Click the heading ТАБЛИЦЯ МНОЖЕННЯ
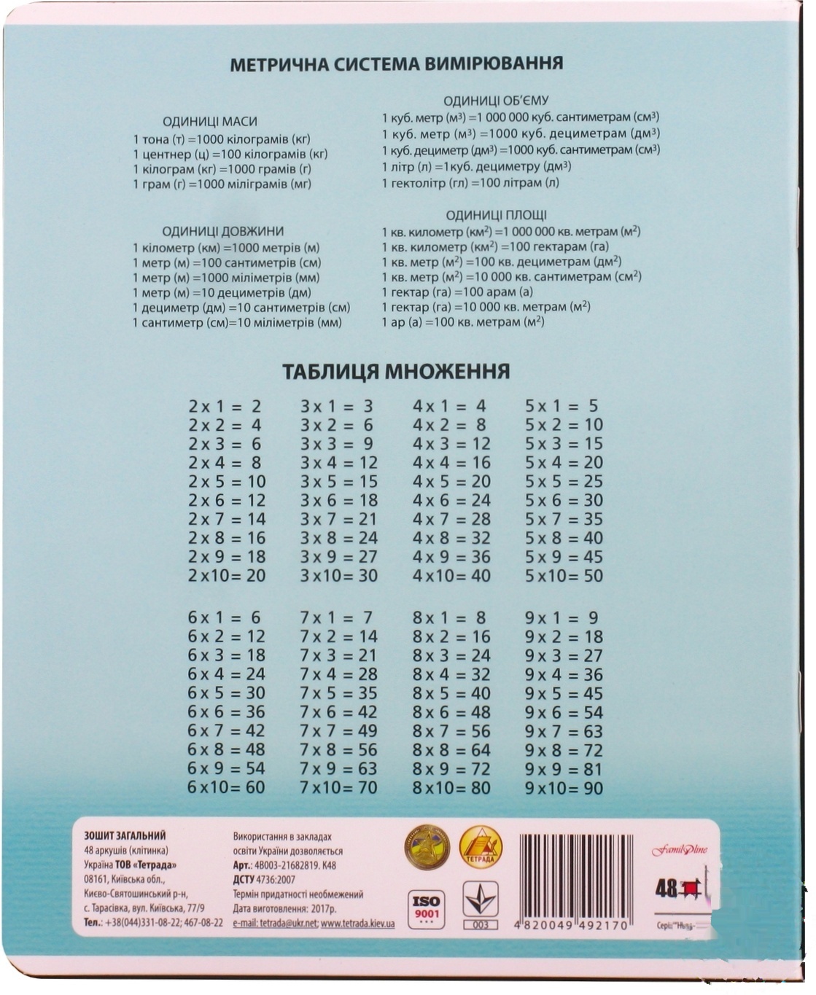(396, 372)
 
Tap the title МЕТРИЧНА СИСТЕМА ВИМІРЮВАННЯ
(396, 63)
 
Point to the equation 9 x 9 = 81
(564, 769)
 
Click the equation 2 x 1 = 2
(225, 407)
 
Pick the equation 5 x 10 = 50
(564, 576)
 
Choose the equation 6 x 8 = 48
(226, 750)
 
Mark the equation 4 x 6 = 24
(451, 501)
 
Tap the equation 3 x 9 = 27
(339, 557)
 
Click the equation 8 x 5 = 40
(451, 693)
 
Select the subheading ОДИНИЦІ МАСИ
(209, 122)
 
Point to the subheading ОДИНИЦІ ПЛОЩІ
(496, 215)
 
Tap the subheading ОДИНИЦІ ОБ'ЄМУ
(496, 101)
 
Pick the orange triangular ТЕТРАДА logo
(481, 847)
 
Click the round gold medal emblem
(427, 848)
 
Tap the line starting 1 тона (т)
(222, 138)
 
